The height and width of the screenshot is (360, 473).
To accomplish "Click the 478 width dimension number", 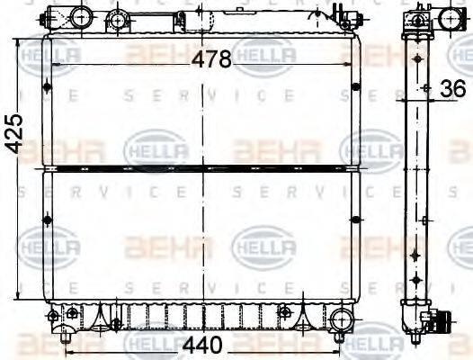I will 212,59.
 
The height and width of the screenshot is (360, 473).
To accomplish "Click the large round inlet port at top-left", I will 79,16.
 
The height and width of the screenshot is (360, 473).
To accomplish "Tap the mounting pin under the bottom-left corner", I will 63,338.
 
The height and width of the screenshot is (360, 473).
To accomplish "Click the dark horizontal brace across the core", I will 202,166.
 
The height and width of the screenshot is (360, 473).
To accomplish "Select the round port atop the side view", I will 420,19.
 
